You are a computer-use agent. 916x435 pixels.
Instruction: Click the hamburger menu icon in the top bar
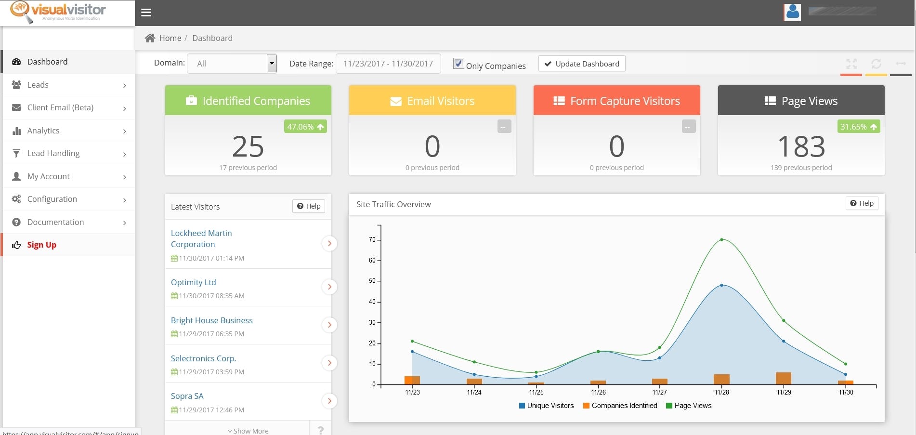tap(146, 13)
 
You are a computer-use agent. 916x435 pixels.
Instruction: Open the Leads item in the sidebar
tap(38, 85)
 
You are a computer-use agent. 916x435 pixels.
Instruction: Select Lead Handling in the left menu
tap(53, 153)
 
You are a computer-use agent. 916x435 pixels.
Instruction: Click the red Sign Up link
tap(41, 245)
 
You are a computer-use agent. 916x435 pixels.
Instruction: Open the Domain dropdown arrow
tap(272, 64)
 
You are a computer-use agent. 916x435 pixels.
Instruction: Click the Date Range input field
tap(388, 64)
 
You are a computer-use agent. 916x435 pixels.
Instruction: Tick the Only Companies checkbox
tap(458, 64)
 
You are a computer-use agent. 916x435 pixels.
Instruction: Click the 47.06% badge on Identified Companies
tap(305, 127)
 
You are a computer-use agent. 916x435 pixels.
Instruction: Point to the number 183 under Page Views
tap(801, 146)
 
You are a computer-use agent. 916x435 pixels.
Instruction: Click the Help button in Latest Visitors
tap(309, 206)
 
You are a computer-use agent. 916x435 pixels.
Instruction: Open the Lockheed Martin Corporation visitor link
tap(201, 238)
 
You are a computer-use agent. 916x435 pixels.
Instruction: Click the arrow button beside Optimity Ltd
tap(329, 287)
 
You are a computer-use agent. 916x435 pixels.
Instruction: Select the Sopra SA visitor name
tap(187, 396)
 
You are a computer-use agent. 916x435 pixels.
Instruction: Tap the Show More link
tap(248, 431)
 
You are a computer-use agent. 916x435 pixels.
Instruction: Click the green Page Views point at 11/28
tap(721, 239)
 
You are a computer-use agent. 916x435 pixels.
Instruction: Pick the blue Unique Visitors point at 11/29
tap(784, 341)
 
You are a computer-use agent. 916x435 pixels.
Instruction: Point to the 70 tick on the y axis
tap(372, 239)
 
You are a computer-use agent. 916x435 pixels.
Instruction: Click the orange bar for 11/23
tap(412, 380)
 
